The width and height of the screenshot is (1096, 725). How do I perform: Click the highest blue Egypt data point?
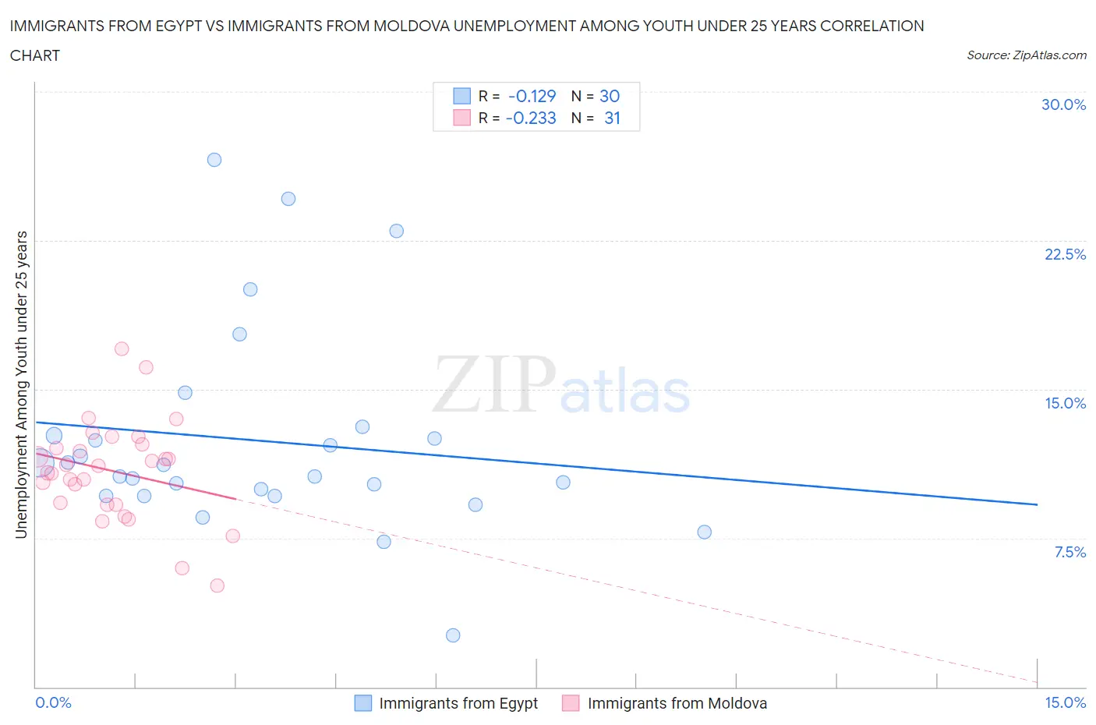[214, 160]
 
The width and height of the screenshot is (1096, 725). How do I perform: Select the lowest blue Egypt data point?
[453, 635]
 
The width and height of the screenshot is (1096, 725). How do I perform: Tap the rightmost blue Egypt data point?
[705, 532]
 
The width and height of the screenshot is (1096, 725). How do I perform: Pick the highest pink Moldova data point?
[122, 348]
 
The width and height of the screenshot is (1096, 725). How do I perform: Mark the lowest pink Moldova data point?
[217, 585]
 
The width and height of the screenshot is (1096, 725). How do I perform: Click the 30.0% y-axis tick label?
[1063, 104]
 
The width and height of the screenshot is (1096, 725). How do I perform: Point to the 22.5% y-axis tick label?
[1065, 254]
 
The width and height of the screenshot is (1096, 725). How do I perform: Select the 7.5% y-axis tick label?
[1069, 552]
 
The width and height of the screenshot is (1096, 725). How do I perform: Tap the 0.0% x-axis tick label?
[54, 702]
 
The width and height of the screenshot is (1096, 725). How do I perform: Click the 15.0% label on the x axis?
[1065, 702]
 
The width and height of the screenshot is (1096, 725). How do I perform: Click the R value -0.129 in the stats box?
[532, 96]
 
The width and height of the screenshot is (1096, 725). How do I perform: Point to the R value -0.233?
[531, 118]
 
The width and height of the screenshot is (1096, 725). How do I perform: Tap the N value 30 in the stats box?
[610, 96]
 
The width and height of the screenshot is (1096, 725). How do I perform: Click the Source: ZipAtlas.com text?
[1026, 55]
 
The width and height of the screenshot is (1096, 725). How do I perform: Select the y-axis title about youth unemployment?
[22, 384]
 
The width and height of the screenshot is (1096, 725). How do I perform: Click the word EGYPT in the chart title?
[157, 26]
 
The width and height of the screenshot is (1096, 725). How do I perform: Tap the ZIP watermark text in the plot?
[495, 384]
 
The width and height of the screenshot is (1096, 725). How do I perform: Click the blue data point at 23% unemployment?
[397, 231]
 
